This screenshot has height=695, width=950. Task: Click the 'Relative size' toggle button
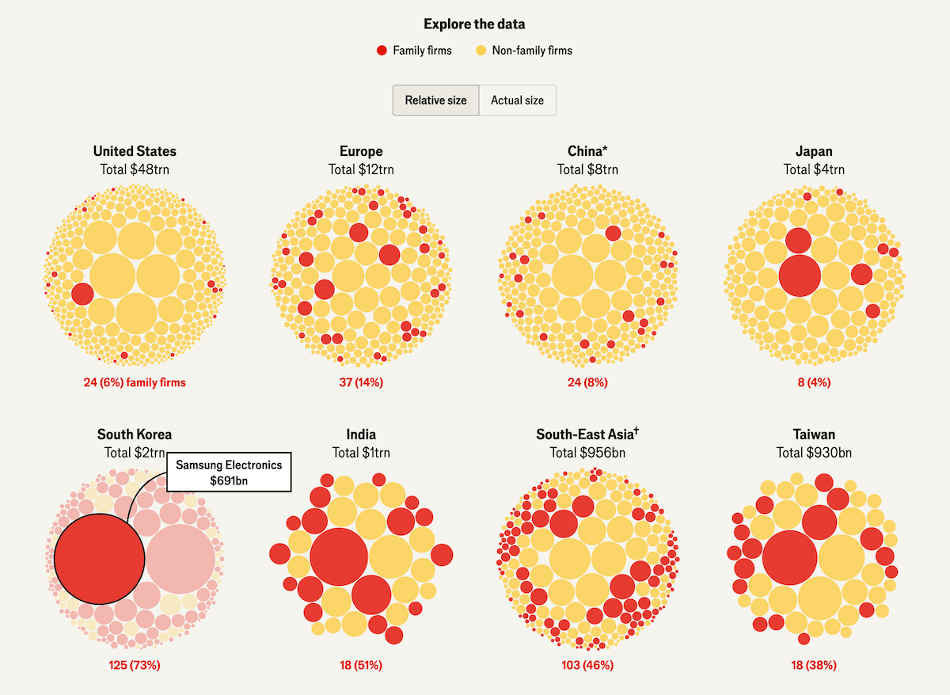(x=435, y=101)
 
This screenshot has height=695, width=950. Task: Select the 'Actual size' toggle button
(x=517, y=101)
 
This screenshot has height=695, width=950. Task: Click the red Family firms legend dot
(x=382, y=51)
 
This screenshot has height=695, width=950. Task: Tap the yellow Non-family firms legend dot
(x=481, y=51)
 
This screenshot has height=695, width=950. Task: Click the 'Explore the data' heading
(x=474, y=24)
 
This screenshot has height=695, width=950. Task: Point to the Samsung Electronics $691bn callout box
(x=230, y=473)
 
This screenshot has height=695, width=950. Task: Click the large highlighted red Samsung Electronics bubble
(x=99, y=559)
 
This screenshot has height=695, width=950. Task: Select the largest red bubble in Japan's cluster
(x=800, y=275)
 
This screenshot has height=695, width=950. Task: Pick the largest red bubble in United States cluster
(x=82, y=294)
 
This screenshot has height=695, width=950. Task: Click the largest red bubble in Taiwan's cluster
(x=790, y=558)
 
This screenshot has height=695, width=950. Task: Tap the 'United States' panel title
(x=135, y=151)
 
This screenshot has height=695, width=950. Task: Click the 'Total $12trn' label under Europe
(x=361, y=169)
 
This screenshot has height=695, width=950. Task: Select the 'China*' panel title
(x=587, y=151)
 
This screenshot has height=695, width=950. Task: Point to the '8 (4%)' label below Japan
(x=813, y=382)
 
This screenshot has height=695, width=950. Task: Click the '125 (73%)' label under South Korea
(x=135, y=665)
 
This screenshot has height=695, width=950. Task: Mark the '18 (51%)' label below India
(x=361, y=665)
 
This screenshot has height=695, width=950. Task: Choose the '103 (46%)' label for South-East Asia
(x=587, y=665)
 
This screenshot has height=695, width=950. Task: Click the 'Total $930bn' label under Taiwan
(x=814, y=453)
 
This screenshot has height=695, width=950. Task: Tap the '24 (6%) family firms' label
(x=135, y=382)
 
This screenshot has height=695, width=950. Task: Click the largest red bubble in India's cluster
(x=339, y=556)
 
